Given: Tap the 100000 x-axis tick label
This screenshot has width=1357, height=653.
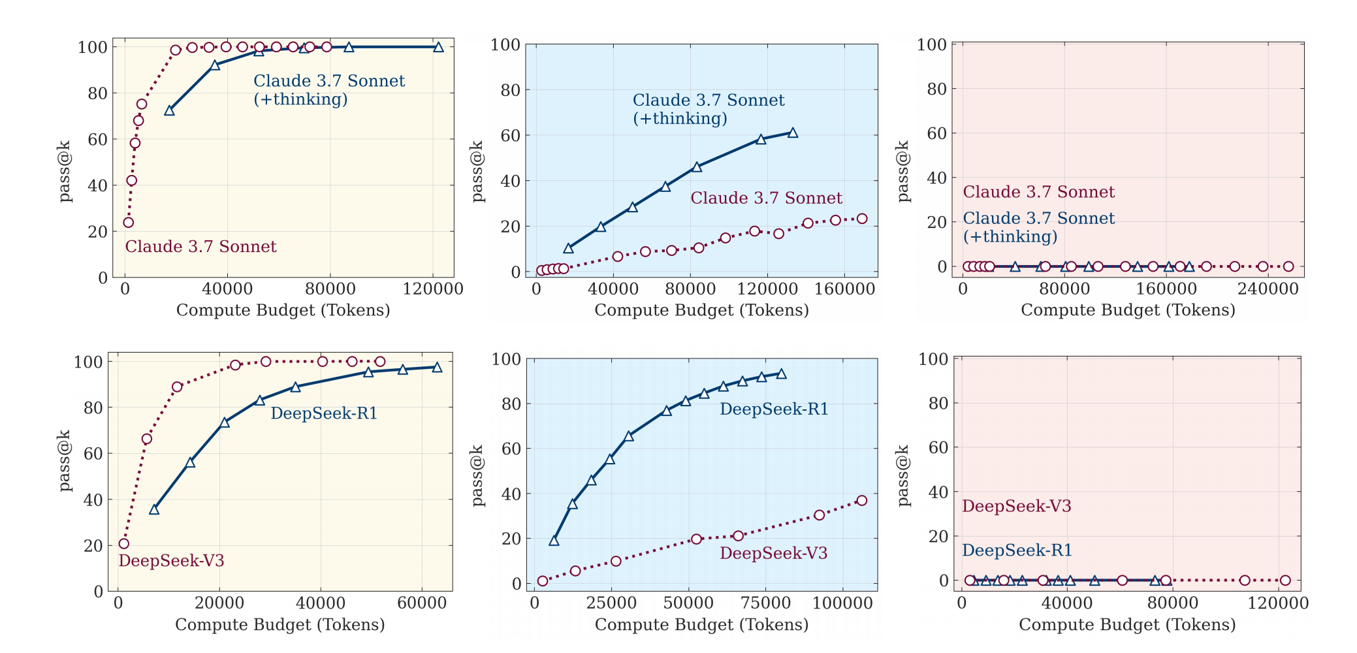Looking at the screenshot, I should (841, 603).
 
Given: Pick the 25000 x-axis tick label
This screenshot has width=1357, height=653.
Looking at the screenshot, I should (611, 603).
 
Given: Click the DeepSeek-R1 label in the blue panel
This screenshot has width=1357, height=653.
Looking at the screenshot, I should (774, 409).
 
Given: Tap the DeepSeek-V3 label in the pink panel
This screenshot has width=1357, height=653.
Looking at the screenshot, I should (1016, 506).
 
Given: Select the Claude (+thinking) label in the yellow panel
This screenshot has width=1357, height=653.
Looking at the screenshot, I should (329, 90).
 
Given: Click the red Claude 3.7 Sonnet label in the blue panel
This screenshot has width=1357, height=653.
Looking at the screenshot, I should (766, 198).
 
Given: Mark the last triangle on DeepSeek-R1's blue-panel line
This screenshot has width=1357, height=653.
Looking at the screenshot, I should (781, 374).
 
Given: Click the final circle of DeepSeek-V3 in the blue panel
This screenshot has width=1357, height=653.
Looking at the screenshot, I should (862, 500).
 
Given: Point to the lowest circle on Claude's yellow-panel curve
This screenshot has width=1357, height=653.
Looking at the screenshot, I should (129, 223).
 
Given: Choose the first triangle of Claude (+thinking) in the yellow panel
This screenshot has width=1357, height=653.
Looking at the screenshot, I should (170, 110).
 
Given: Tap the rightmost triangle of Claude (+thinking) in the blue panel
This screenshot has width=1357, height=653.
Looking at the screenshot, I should (793, 133).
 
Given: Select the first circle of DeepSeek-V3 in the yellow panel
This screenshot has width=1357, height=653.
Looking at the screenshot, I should (124, 543).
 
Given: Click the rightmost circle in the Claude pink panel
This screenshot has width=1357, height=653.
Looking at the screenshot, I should (1288, 266).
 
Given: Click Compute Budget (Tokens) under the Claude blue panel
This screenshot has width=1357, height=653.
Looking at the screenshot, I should (701, 310).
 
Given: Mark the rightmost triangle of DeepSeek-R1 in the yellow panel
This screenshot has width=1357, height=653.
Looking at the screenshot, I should (437, 367).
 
